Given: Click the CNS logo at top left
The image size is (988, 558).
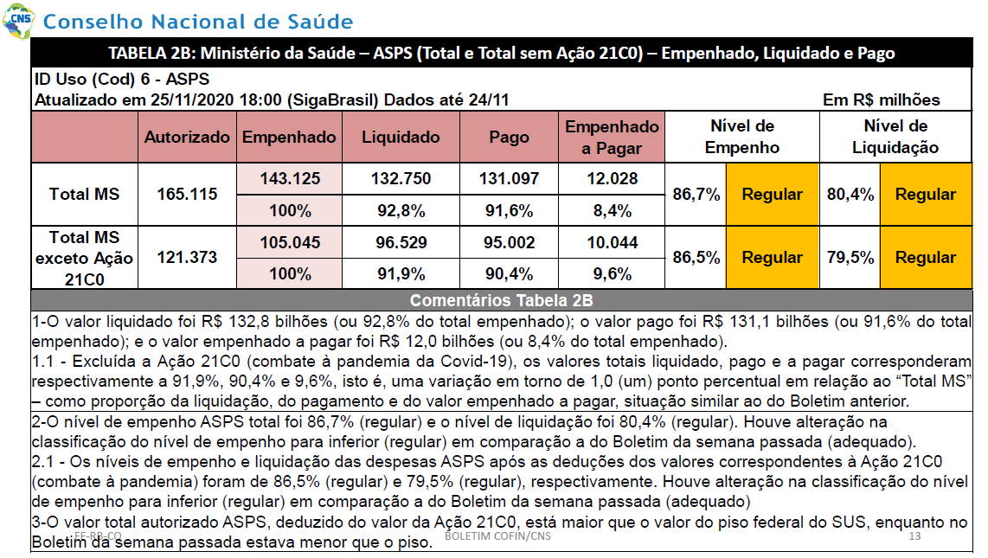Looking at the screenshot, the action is pyautogui.click(x=18, y=20).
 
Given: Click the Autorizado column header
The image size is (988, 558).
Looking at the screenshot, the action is pyautogui.click(x=187, y=138).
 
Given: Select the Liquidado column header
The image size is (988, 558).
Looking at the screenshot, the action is pyautogui.click(x=401, y=138).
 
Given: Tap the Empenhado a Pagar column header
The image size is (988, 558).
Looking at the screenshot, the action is pyautogui.click(x=612, y=138).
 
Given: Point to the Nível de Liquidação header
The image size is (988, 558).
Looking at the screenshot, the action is pyautogui.click(x=895, y=137).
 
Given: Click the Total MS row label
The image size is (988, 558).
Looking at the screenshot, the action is pyautogui.click(x=85, y=194).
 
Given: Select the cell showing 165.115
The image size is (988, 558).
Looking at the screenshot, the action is pyautogui.click(x=187, y=194).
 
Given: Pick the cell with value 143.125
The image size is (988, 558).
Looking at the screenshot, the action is pyautogui.click(x=290, y=179).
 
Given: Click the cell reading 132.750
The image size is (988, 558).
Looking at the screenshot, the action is pyautogui.click(x=401, y=179).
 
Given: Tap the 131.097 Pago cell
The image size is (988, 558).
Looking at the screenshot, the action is pyautogui.click(x=509, y=179).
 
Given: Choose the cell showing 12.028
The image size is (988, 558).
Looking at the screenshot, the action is pyautogui.click(x=613, y=179).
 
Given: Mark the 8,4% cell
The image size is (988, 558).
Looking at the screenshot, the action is pyautogui.click(x=613, y=211).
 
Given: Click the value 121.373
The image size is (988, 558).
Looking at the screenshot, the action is pyautogui.click(x=187, y=258).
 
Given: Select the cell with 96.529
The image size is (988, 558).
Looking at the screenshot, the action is pyautogui.click(x=401, y=242).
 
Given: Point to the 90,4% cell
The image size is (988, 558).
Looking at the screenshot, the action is pyautogui.click(x=509, y=274).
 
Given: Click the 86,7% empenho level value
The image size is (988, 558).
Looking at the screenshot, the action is pyautogui.click(x=696, y=194).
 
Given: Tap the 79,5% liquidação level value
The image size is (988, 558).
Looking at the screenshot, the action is pyautogui.click(x=850, y=258).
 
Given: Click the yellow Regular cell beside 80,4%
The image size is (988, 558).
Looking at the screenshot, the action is pyautogui.click(x=926, y=194).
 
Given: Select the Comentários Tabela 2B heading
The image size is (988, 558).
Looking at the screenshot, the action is pyautogui.click(x=502, y=300).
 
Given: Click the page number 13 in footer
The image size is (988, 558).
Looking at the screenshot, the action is pyautogui.click(x=915, y=536).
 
